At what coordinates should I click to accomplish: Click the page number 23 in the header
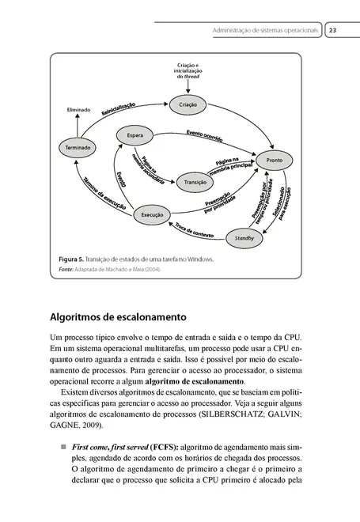[x=333, y=30]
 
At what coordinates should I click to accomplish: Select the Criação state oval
[x=188, y=104]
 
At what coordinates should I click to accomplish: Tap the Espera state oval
[x=135, y=136]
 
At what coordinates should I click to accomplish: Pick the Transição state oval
[x=195, y=183]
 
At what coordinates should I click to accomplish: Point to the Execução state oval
[x=152, y=214]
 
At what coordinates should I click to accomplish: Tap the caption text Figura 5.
[x=70, y=259]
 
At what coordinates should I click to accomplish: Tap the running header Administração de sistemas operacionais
[x=265, y=30]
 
